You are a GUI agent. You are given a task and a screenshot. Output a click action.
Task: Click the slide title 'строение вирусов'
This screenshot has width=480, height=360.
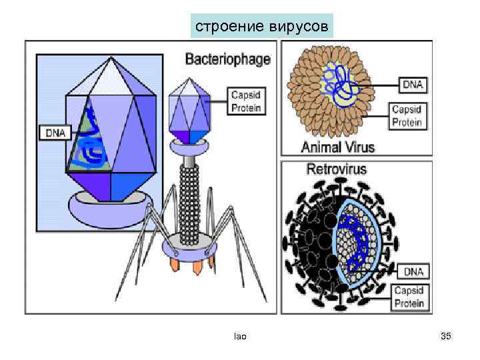tap(261, 27)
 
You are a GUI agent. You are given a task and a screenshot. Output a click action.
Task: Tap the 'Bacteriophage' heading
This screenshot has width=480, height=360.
tap(227, 59)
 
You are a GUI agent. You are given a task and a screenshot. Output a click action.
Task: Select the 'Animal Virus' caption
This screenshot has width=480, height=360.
tap(339, 147)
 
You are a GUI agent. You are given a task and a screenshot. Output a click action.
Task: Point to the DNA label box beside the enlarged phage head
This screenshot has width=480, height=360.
tap(55, 133)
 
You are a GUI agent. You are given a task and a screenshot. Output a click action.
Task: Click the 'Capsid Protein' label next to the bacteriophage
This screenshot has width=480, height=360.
tap(246, 101)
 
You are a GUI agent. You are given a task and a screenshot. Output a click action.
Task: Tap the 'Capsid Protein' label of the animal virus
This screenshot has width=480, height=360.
tap(407, 115)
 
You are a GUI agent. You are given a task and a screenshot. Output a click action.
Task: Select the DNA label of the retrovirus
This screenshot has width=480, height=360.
tap(413, 271)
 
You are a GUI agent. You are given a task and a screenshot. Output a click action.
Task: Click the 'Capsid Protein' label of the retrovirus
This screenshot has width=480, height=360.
tap(409, 297)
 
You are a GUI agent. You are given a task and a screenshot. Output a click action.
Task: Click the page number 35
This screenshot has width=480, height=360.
tap(446, 337)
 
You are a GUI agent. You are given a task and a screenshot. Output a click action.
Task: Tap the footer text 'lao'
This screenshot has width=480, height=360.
tap(240, 337)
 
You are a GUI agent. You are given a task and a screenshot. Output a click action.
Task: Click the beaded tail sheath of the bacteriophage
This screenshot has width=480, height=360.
tap(191, 200)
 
